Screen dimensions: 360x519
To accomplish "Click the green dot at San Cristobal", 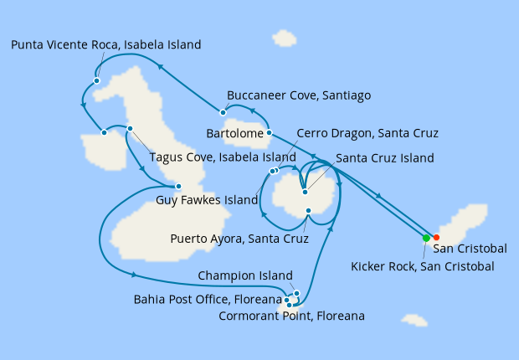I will point(426,238).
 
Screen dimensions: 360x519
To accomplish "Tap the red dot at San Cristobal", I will point(436,238).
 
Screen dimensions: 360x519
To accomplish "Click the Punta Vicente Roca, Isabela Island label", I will point(106,45).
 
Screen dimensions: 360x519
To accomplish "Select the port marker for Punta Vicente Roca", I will point(97,81).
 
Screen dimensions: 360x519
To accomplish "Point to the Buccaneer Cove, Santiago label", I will point(299,95).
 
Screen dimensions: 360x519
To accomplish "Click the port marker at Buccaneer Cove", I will point(223,112).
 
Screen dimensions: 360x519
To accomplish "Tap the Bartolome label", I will point(234,133).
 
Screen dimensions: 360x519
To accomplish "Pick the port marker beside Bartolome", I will point(269,132).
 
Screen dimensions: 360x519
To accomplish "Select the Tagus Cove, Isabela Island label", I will point(222,157).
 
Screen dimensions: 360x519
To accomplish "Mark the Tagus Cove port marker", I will point(131,128).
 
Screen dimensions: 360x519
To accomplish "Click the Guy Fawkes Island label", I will point(207,201).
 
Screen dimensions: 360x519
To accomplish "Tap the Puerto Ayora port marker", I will point(309,210).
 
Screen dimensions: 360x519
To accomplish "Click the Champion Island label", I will point(245,275).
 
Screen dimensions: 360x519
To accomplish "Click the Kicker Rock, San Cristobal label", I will point(423,266).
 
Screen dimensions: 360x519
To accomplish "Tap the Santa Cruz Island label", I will point(384,157).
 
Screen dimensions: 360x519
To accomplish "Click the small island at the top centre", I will point(285,39).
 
